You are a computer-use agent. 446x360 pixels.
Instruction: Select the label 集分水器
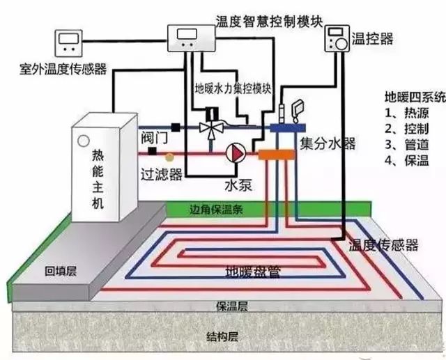point(328,144)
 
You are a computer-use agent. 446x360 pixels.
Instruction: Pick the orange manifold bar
point(279,153)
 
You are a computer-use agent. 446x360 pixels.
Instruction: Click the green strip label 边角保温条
point(220,208)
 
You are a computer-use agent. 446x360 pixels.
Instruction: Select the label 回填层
point(59,272)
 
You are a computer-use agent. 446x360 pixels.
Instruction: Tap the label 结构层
point(222,337)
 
